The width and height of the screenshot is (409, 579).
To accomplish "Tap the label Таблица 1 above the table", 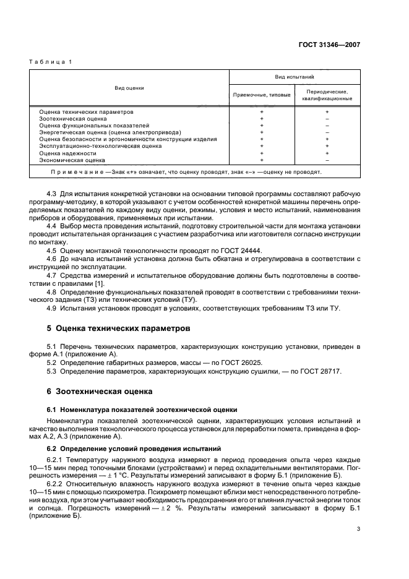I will point(51,62).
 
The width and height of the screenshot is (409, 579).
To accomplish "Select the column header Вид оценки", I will point(129,88).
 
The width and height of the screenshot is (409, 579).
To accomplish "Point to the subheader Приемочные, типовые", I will point(262,95).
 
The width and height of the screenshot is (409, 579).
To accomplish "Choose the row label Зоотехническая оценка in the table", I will point(73,118).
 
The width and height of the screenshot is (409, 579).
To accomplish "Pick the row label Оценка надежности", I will point(68,153).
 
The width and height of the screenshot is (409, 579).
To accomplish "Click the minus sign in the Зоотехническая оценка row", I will point(327,118).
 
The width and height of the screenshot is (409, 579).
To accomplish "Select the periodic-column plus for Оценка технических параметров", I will point(327,111).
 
